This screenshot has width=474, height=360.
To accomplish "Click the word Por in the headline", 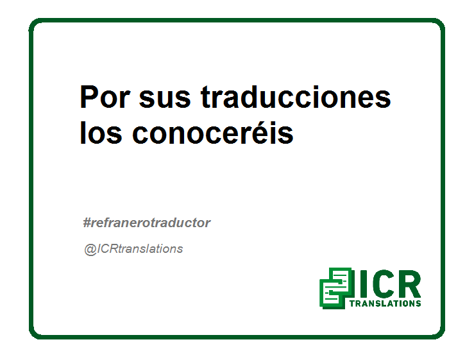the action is click(x=105, y=97).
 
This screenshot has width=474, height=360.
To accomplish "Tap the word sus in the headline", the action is click(x=165, y=99).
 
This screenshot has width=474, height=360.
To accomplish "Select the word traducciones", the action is click(x=296, y=97).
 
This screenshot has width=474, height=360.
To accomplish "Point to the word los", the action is click(x=101, y=132).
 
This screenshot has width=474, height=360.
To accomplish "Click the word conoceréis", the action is click(x=213, y=132).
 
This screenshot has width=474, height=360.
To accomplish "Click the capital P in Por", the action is click(x=89, y=97).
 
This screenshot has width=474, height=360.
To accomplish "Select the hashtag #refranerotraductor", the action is click(x=147, y=223).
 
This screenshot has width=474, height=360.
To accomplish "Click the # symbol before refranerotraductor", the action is click(x=87, y=223).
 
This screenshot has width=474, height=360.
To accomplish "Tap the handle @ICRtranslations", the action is click(x=133, y=249).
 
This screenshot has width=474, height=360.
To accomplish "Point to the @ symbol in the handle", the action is click(x=90, y=250).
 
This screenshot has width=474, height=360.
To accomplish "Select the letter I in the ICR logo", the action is click(x=363, y=284).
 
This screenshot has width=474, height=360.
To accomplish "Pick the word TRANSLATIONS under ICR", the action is click(x=385, y=304).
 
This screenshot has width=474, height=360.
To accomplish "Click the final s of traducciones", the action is click(x=382, y=99).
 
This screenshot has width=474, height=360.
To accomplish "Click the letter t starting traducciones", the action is click(x=205, y=98).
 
